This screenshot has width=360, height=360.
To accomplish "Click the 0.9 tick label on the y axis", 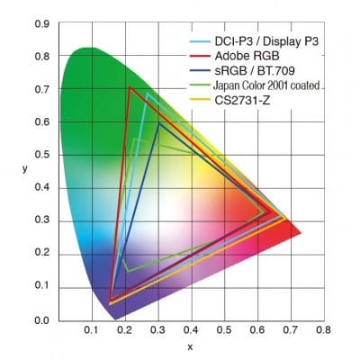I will point(41,24).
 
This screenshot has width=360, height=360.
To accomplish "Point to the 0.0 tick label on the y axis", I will point(41,319).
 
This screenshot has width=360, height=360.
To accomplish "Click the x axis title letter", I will point(189,346).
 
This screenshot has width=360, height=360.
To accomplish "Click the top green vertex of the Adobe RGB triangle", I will point(130,87).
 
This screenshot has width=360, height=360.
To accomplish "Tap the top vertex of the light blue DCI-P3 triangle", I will point(147,94).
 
